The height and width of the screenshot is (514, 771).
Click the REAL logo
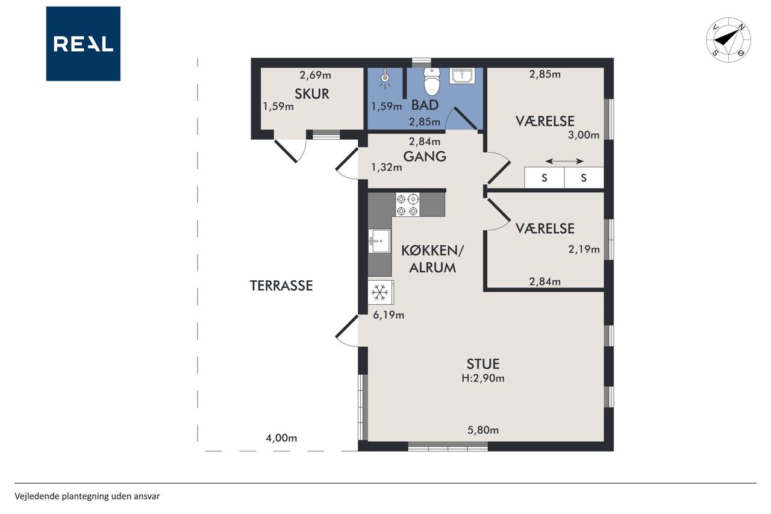pyautogui.click(x=83, y=44)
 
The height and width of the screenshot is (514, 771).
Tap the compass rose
pyautogui.click(x=728, y=40)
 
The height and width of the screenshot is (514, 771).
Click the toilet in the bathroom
pyautogui.click(x=432, y=81)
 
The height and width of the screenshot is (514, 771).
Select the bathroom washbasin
pyautogui.click(x=462, y=76)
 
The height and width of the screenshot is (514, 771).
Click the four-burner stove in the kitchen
pyautogui.click(x=408, y=204)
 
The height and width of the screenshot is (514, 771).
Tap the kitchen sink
pyautogui.click(x=379, y=241)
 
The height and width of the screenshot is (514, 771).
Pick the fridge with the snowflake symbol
pyautogui.click(x=381, y=292)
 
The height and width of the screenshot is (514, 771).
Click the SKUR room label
pyautogui.click(x=312, y=94)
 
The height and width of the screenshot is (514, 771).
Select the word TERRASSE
pyautogui.click(x=281, y=286)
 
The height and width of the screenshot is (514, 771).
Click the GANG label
pyautogui.click(x=425, y=157)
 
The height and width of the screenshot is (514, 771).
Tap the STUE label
pyautogui.click(x=483, y=364)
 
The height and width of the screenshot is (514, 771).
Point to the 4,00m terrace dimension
pyautogui.click(x=281, y=438)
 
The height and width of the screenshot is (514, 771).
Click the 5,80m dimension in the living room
pyautogui.click(x=483, y=430)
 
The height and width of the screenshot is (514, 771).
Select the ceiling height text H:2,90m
pyautogui.click(x=483, y=378)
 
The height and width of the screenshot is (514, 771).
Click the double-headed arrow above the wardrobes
pyautogui.click(x=564, y=161)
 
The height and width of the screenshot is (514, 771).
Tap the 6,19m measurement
pyautogui.click(x=389, y=315)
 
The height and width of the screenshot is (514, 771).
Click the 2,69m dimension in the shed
pyautogui.click(x=315, y=75)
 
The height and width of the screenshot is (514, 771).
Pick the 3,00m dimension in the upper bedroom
pyautogui.click(x=584, y=135)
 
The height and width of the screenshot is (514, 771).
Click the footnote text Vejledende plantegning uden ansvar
pyautogui.click(x=87, y=497)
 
